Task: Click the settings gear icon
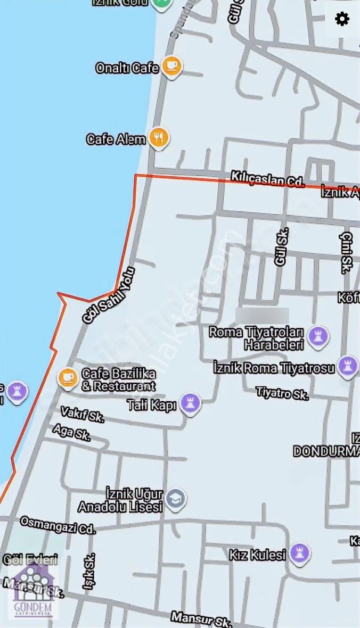pyautogui.click(x=342, y=19)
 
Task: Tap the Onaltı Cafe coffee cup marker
pyautogui.click(x=171, y=67)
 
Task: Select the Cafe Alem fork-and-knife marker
pyautogui.click(x=159, y=138)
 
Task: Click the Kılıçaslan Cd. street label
pyautogui.click(x=267, y=179)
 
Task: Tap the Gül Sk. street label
pyautogui.click(x=281, y=246)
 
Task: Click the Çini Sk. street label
pyautogui.click(x=347, y=253)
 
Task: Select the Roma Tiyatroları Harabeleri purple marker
pyautogui.click(x=318, y=336)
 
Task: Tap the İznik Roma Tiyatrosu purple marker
pyautogui.click(x=348, y=367)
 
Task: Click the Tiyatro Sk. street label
pyautogui.click(x=282, y=393)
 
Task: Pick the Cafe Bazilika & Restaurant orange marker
pyautogui.click(x=68, y=377)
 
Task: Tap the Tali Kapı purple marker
pyautogui.click(x=190, y=404)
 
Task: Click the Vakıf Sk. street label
pyautogui.click(x=82, y=414)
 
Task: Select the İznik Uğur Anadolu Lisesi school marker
pyautogui.click(x=175, y=499)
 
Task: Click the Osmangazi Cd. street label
pyautogui.click(x=58, y=525)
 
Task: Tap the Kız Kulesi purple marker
pyautogui.click(x=300, y=555)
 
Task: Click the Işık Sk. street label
pyautogui.click(x=88, y=571)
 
